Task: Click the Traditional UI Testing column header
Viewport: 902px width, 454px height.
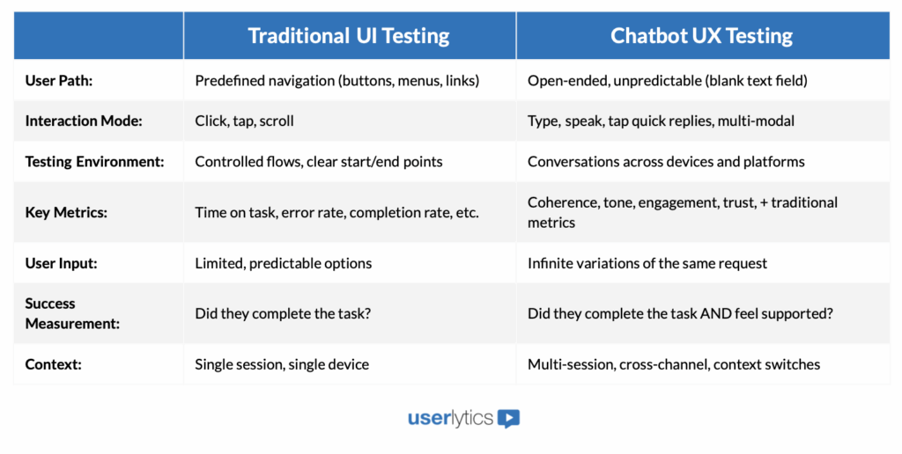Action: pos(349,36)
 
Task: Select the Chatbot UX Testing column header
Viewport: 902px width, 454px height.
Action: pos(701,36)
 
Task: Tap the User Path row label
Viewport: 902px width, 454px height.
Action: pos(59,80)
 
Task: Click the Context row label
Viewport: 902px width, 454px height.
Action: pos(53,364)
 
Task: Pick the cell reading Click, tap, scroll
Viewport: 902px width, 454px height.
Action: pos(244,121)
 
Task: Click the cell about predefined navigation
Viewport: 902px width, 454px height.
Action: pos(336,80)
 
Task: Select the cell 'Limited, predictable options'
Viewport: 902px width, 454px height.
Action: pos(283,263)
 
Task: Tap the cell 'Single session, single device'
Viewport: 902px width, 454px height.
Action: pos(281,364)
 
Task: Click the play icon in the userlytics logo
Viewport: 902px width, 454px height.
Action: pos(508,419)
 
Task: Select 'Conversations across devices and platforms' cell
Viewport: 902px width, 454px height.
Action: pos(666,162)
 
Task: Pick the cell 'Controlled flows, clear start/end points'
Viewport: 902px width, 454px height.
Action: pos(318,162)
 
